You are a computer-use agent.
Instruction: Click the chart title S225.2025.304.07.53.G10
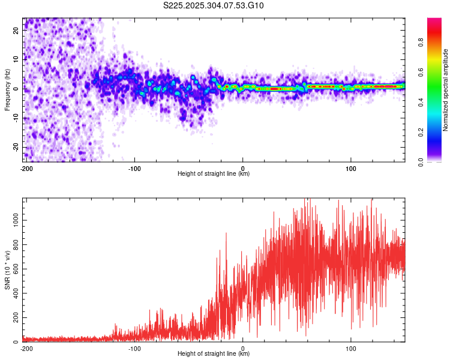tap(214, 6)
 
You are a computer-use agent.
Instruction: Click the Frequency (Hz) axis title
tap(7, 89)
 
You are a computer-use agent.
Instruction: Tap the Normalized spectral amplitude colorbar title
tap(446, 90)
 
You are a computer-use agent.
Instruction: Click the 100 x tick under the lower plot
tap(351, 348)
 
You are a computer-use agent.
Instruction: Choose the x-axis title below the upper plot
tap(214, 174)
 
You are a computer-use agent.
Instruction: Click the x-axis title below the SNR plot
tap(214, 354)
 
